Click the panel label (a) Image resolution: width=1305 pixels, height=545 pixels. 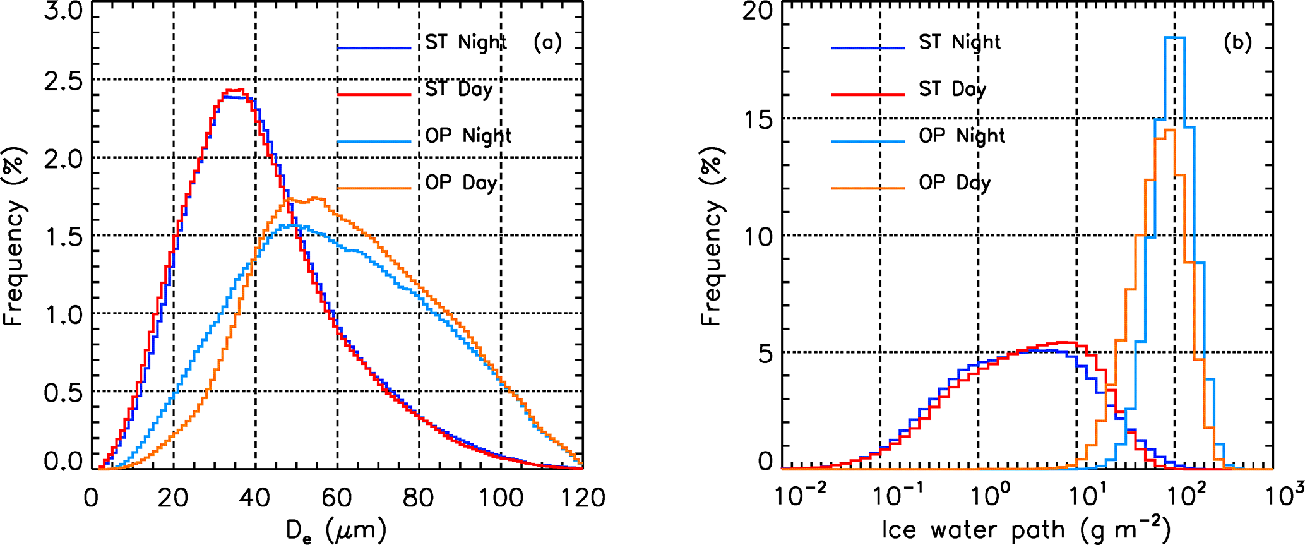coord(547,42)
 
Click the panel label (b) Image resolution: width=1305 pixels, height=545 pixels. coord(1237,42)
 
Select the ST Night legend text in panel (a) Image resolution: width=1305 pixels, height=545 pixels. coord(465,42)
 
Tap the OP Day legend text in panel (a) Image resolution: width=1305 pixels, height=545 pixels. coord(460,183)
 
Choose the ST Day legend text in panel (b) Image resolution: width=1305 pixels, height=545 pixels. coord(952,90)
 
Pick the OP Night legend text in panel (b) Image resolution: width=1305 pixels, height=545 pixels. coord(962,136)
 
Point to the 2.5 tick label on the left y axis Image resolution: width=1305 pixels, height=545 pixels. coord(63,81)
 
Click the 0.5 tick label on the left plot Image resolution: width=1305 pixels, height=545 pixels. coord(63,393)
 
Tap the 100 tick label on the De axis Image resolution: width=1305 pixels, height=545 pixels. coord(501,498)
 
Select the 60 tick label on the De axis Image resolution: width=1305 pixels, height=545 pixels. coord(337,498)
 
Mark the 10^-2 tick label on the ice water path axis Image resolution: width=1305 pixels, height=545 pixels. coord(797,496)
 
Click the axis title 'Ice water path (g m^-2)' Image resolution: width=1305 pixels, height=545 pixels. coord(1026,529)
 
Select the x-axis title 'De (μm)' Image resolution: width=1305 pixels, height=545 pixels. coord(336,530)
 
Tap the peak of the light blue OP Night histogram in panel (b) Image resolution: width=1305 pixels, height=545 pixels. coord(1174,38)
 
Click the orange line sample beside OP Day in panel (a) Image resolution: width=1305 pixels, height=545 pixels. coord(374,188)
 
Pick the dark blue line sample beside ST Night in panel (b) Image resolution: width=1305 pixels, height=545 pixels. coord(867,47)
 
